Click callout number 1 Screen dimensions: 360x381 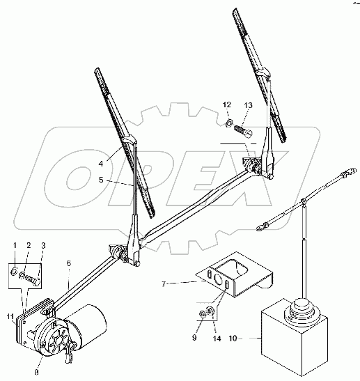click(15, 245)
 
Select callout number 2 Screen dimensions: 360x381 click(29, 245)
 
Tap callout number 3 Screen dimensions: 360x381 click(43, 246)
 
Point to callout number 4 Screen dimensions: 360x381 click(101, 164)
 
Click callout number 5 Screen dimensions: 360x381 click(101, 180)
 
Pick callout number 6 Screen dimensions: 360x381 click(69, 263)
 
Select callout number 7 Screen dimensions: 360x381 click(164, 283)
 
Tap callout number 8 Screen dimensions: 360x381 click(36, 372)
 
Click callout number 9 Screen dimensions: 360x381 click(194, 338)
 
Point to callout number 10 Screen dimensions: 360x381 click(233, 338)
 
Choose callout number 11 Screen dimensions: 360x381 click(10, 316)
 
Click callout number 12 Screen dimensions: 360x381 click(227, 104)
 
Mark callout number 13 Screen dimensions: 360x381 click(249, 105)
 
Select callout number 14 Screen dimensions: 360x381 click(217, 338)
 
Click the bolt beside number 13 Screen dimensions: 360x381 click(243, 131)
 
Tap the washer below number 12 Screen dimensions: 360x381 click(228, 123)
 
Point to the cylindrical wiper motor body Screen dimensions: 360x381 click(88, 323)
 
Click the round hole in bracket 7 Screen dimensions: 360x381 click(218, 280)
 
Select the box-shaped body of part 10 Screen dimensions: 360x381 click(294, 339)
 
